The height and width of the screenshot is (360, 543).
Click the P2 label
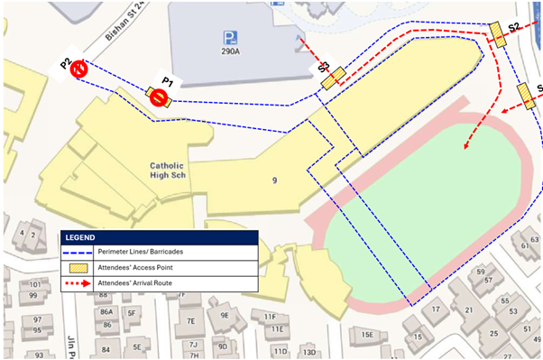coord(66,63)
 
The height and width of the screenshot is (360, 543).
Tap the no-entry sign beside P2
coord(79,69)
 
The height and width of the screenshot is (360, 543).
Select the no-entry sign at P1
coord(160,97)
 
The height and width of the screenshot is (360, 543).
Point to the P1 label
coord(167,81)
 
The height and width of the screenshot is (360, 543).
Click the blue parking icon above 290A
coord(231,37)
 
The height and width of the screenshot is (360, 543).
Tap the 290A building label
coord(232,53)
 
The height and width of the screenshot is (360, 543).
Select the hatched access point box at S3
coord(334,78)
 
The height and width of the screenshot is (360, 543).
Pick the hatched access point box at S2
coord(498,33)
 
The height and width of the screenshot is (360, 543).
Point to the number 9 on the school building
coord(274,180)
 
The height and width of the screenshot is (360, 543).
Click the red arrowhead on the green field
coord(466,144)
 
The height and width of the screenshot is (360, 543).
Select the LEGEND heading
coord(84,237)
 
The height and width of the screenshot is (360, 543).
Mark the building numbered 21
coord(468,309)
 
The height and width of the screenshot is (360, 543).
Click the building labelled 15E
coord(367,335)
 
